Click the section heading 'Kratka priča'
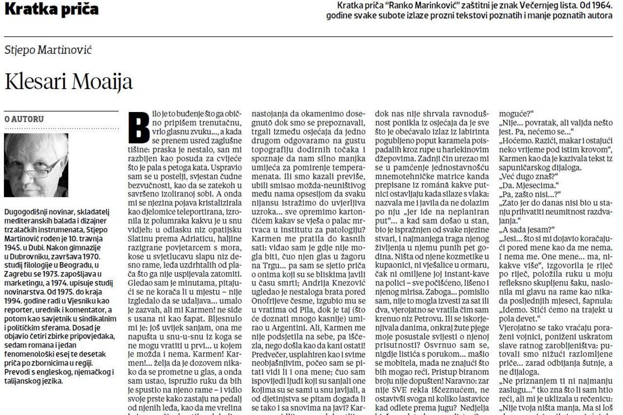51,9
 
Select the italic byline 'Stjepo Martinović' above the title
48,50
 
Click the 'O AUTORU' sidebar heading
24,119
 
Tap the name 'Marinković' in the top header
442,5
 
